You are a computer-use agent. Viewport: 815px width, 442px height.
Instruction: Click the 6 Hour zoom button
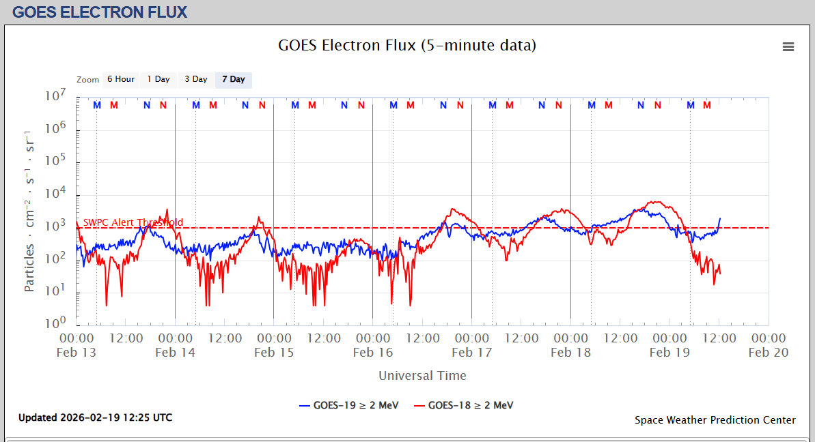tap(121, 79)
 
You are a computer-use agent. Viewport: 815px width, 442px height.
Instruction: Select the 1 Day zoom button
tap(158, 79)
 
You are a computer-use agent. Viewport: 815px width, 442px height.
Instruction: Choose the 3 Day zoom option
tap(196, 79)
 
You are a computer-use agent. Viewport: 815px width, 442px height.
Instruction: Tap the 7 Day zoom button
tap(234, 79)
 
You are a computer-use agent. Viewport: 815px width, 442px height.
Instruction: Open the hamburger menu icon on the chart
tap(788, 47)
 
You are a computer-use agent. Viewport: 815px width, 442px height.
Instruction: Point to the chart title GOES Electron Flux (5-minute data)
tap(407, 46)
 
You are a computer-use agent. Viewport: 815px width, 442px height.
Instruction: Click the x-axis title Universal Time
tap(422, 375)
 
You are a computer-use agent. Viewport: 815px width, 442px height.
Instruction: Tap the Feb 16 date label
tap(372, 352)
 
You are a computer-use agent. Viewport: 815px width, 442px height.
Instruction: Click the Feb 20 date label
tap(768, 352)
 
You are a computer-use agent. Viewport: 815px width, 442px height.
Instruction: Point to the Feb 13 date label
tap(77, 352)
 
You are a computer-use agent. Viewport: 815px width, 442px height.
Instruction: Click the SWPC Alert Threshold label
tap(133, 222)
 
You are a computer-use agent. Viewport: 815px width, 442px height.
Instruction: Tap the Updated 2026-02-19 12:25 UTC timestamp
tap(95, 417)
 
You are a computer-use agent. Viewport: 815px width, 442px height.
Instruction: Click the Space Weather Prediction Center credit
tap(715, 420)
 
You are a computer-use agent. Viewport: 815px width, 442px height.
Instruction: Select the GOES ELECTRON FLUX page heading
tap(100, 12)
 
